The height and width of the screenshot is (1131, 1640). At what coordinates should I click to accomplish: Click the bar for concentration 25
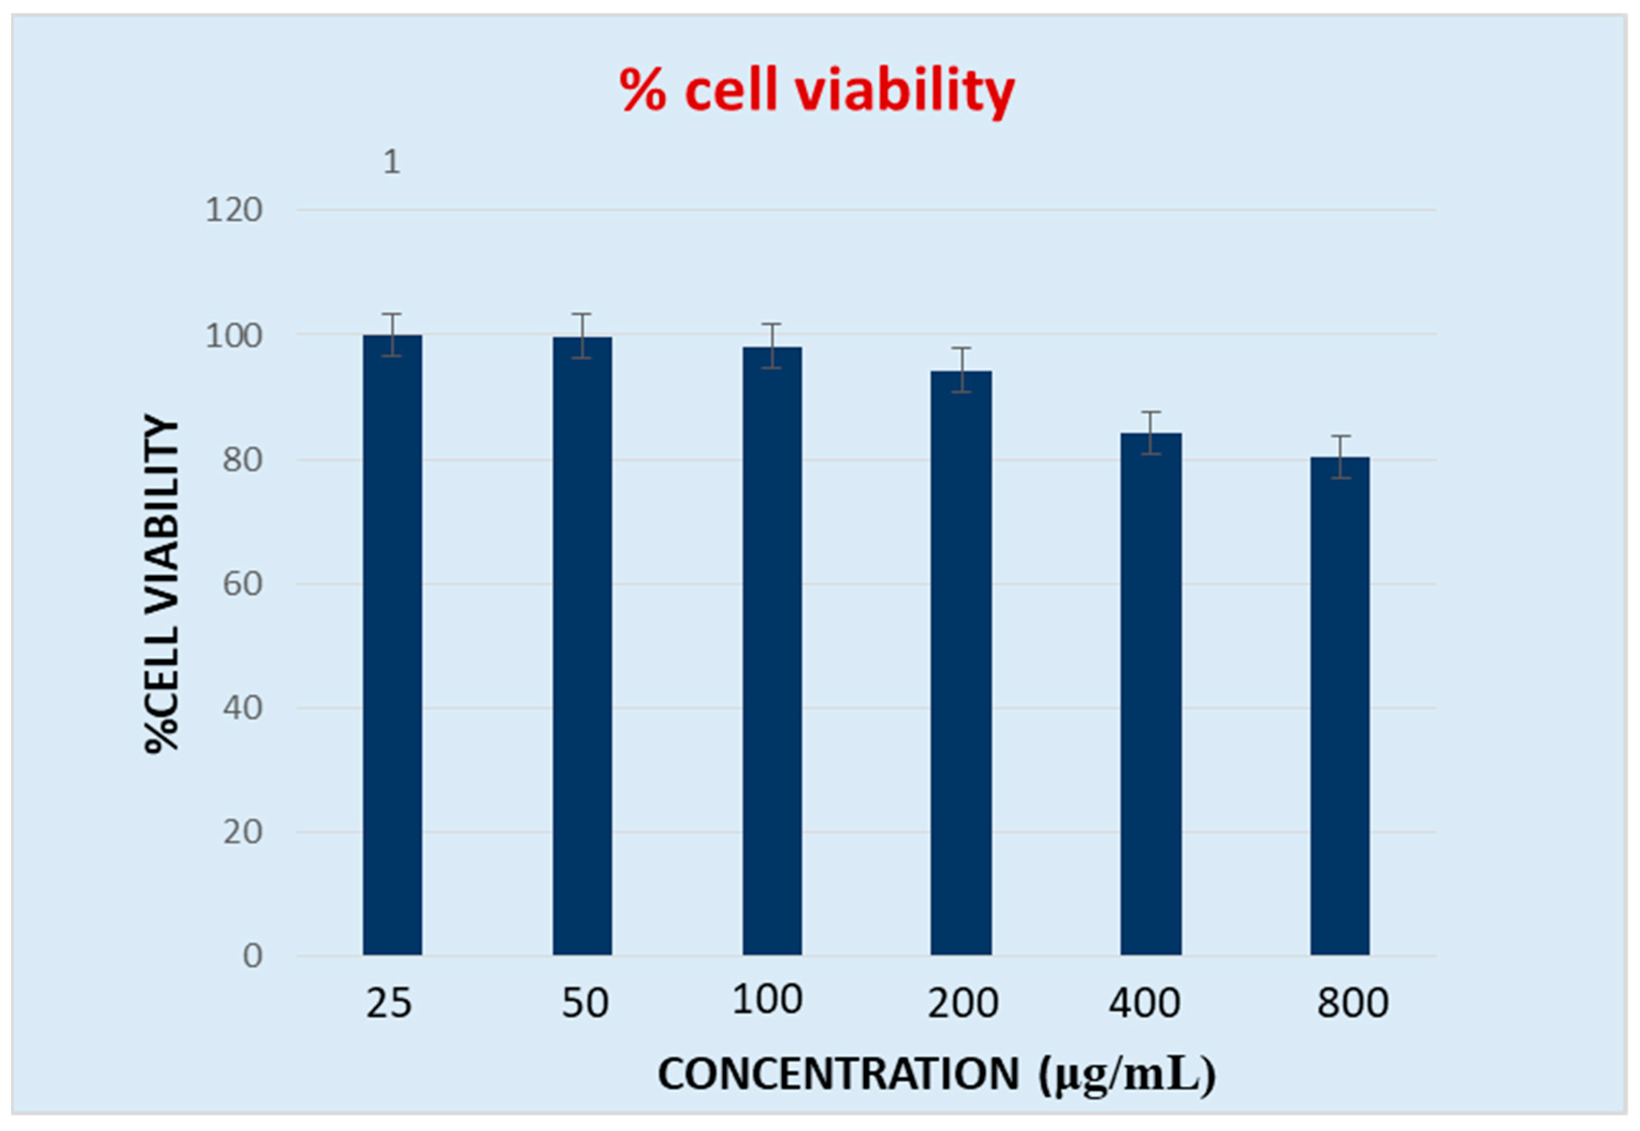(392, 645)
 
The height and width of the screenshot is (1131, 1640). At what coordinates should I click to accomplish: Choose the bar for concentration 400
(1150, 694)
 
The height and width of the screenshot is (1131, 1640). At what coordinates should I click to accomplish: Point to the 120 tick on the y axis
(234, 211)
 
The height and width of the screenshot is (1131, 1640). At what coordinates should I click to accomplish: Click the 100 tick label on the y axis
(234, 335)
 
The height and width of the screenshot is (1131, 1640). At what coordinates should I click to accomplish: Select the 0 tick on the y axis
(252, 956)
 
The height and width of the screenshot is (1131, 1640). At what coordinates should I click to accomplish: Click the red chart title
(817, 91)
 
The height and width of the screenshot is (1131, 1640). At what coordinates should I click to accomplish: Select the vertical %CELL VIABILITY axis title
(162, 583)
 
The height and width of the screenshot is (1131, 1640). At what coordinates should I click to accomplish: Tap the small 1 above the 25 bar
(391, 162)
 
